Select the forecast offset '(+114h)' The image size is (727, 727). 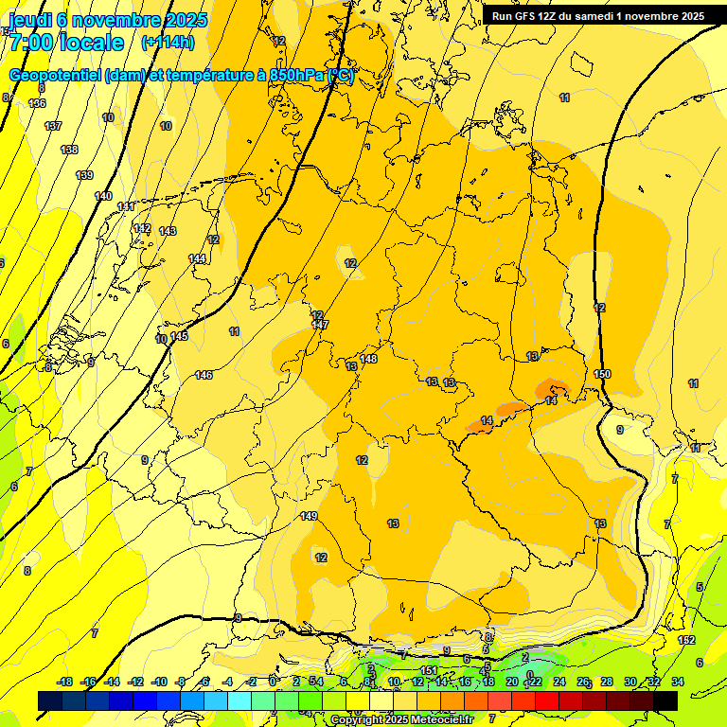(168, 43)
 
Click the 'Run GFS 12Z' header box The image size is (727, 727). (597, 16)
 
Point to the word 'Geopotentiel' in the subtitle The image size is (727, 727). (55, 76)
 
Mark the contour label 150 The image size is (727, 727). (602, 374)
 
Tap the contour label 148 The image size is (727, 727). (368, 359)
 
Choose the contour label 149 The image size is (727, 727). (309, 516)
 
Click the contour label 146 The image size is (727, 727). (204, 376)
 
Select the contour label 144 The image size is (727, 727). (197, 258)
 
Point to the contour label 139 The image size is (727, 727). (84, 175)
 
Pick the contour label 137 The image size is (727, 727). (53, 126)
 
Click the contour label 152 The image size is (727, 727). (686, 641)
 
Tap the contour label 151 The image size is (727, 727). (429, 670)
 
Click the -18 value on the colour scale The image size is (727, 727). (64, 682)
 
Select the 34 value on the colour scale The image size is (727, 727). (677, 682)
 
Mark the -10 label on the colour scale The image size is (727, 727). (160, 682)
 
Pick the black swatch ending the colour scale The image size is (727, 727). (665, 700)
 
